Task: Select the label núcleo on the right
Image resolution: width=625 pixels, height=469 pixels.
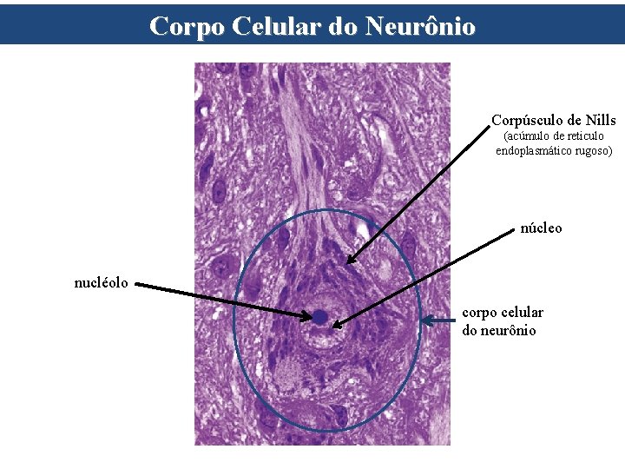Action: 541,228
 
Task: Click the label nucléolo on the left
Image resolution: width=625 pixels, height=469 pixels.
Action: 102,281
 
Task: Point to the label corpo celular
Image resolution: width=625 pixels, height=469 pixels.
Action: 503,312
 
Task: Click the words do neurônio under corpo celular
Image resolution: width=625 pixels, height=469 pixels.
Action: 499,330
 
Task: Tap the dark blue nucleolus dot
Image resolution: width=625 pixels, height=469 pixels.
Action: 319,318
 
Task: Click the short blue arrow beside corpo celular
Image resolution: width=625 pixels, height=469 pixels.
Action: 437,321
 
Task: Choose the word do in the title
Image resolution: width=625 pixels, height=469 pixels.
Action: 345,26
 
